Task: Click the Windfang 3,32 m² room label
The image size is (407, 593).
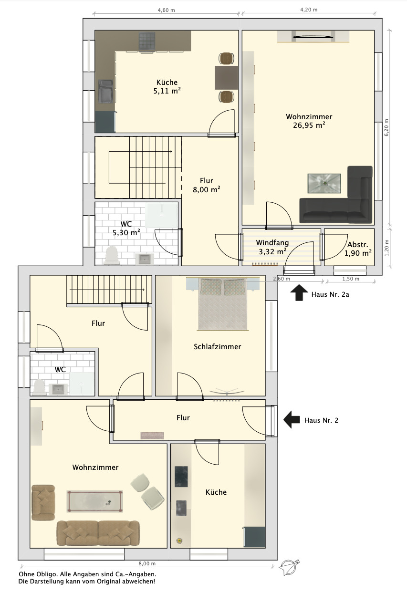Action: coord(272,247)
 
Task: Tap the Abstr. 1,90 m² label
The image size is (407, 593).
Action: coord(358,249)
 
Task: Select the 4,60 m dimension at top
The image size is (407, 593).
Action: coord(167,10)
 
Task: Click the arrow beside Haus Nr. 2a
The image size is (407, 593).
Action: coord(299,292)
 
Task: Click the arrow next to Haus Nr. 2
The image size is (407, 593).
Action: coord(292,420)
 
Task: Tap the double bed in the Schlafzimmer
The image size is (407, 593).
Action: coord(223,304)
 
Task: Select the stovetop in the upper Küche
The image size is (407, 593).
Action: coord(146,42)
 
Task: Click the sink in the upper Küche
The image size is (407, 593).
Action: coord(106,91)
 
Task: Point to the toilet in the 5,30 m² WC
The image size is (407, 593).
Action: coord(112,255)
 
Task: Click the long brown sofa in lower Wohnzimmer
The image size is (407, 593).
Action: coord(98,533)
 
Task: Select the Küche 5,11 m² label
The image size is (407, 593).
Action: coord(167,86)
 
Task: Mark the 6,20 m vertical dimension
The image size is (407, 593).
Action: coord(386,127)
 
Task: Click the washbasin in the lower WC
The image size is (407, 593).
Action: coord(57,389)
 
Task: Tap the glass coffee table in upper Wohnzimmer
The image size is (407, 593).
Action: coord(324,183)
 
